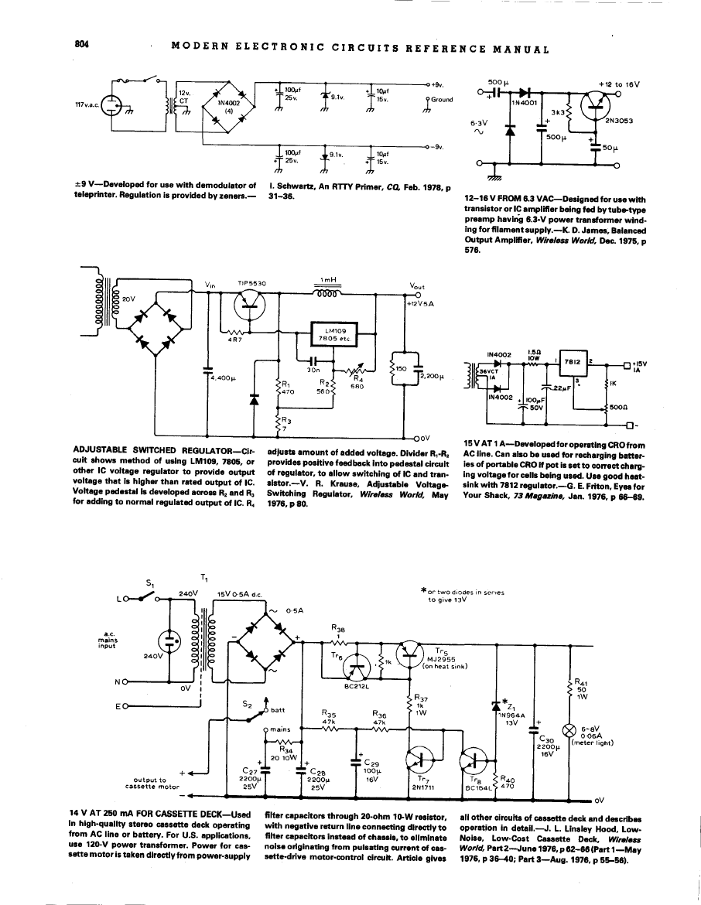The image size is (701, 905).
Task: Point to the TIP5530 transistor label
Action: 251,284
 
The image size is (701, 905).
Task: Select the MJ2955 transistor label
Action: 439,658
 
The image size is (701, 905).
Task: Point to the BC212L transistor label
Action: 360,684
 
